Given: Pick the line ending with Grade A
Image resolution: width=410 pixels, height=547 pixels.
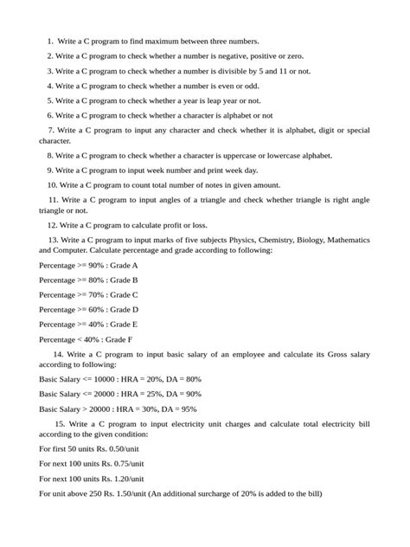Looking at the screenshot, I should (88, 266).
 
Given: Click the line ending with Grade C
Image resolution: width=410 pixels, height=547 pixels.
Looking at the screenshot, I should (88, 294).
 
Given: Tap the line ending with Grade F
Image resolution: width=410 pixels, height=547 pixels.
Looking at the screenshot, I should (86, 339).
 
